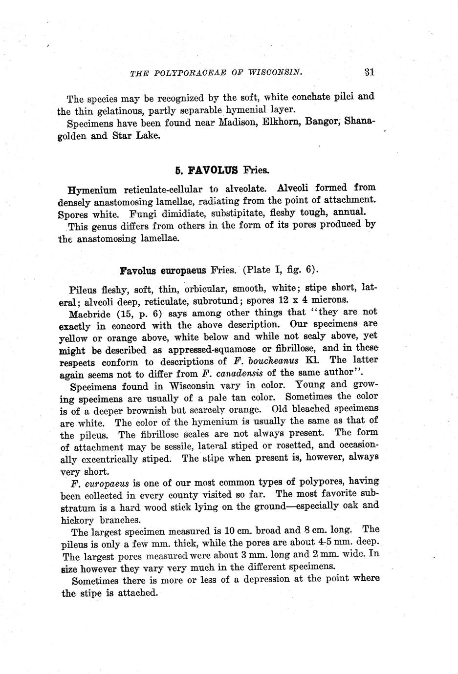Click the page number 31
pos(369,72)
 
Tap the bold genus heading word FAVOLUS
pos(213,170)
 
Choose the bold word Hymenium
pos(92,190)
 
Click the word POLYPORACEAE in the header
pos(192,73)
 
